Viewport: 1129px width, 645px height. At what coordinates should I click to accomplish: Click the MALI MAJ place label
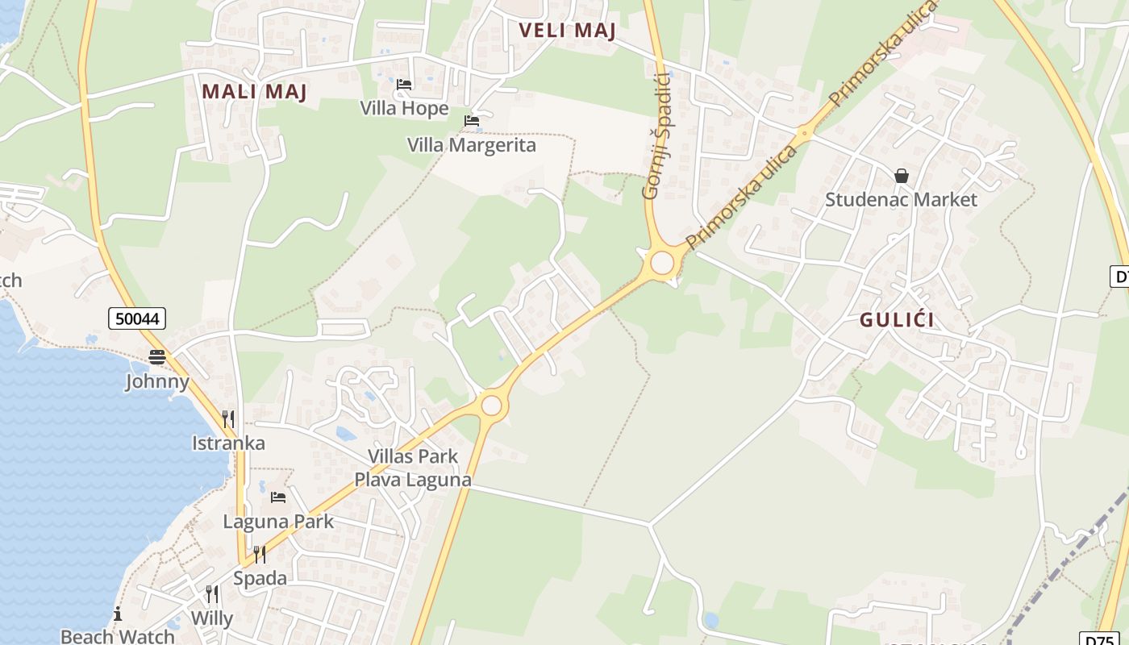pos(254,91)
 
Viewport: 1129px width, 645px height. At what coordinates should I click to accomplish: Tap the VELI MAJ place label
pos(567,31)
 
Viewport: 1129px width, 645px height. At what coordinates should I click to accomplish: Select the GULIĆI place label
pos(897,320)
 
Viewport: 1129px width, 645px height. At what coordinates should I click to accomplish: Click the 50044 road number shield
pos(137,318)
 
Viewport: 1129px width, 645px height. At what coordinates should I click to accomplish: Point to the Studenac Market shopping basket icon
pos(901,176)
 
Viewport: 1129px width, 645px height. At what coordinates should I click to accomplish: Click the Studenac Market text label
pos(901,199)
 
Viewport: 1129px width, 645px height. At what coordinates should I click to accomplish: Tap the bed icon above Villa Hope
pos(404,84)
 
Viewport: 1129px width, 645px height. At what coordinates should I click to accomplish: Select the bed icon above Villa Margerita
pos(471,121)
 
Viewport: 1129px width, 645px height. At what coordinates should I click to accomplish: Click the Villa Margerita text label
pos(471,145)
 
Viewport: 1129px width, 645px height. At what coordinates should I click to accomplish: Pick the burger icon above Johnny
pos(156,357)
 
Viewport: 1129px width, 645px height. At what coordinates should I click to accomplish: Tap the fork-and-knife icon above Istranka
pos(228,418)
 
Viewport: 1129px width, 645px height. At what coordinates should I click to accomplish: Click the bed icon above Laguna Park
pos(278,497)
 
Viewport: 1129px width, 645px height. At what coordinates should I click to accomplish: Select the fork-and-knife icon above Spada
pos(259,554)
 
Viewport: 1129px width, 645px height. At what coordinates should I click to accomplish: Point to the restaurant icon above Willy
pos(211,594)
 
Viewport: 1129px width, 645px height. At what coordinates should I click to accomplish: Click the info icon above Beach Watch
pos(118,614)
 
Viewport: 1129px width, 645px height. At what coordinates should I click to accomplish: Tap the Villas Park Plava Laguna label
pos(413,468)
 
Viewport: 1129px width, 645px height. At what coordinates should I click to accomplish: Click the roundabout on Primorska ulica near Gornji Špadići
pos(662,263)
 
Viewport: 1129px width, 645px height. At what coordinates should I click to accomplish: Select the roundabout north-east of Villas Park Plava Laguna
pos(491,405)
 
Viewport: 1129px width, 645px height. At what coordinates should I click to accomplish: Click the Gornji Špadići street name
pos(657,135)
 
